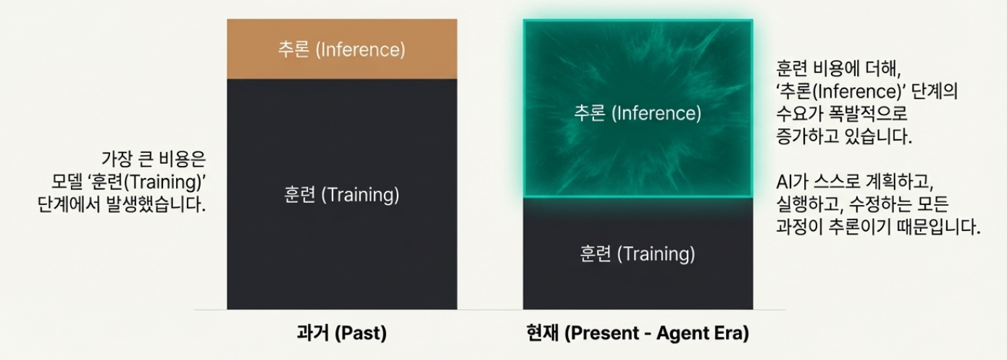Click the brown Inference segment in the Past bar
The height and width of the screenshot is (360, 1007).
(x=342, y=49)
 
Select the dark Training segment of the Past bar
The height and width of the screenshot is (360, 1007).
(x=342, y=194)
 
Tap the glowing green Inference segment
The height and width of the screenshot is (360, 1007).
(x=638, y=109)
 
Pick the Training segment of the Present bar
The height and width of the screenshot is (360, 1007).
(x=638, y=254)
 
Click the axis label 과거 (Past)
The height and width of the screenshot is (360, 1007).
(x=342, y=333)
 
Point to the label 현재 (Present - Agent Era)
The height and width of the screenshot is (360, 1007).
(x=638, y=333)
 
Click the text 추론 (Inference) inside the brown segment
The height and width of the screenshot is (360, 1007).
(x=342, y=49)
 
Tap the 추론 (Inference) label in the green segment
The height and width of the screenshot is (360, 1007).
(x=638, y=113)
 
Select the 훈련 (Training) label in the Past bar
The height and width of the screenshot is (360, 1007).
(x=342, y=195)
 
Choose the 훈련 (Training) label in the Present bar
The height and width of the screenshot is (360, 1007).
(x=638, y=254)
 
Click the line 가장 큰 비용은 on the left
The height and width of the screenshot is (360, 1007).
(x=154, y=159)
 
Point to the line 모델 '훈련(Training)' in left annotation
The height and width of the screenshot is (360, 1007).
(x=128, y=182)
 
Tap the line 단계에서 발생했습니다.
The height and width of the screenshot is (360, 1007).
(x=122, y=204)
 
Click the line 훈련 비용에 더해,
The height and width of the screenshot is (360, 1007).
(x=839, y=69)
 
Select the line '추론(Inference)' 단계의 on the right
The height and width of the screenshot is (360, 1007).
(x=866, y=91)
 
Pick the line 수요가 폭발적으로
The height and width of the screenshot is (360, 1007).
(x=842, y=113)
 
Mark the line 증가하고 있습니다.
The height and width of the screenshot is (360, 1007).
(x=844, y=135)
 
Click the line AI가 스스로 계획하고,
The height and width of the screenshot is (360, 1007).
(x=855, y=182)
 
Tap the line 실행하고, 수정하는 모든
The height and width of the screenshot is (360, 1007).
(x=862, y=204)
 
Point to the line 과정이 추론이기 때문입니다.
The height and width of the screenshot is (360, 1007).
(x=878, y=227)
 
